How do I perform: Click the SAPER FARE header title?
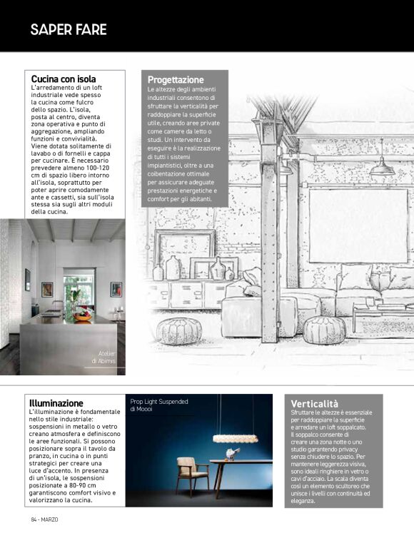pyautogui.click(x=69, y=29)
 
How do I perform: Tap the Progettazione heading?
pyautogui.click(x=176, y=79)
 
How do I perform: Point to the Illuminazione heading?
pyautogui.click(x=56, y=403)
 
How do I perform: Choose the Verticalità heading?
pyautogui.click(x=315, y=404)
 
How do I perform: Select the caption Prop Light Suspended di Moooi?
pyautogui.click(x=158, y=405)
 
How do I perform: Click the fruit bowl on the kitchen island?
pyautogui.click(x=83, y=313)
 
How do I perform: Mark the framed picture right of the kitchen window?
pyautogui.click(x=116, y=289)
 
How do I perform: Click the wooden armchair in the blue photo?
pyautogui.click(x=187, y=474)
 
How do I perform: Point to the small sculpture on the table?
pyautogui.click(x=231, y=454)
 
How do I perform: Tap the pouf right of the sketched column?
pyautogui.click(x=324, y=329)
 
